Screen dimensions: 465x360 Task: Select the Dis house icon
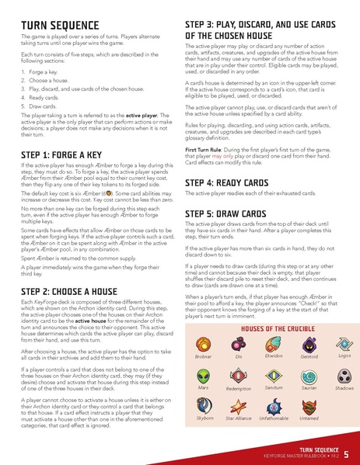(239, 343)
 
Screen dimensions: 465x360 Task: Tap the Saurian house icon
(308, 373)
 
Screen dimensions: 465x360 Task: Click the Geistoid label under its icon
(308, 356)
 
